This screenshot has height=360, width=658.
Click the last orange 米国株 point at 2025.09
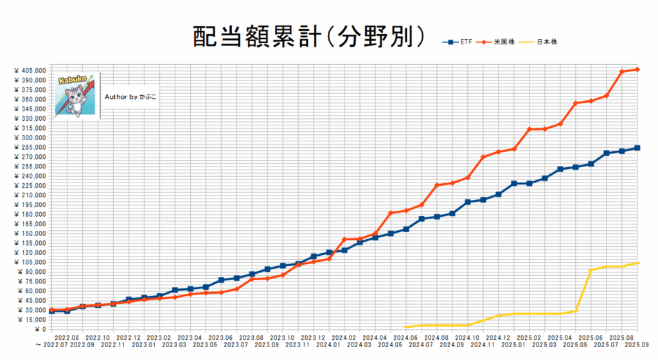pyautogui.click(x=637, y=69)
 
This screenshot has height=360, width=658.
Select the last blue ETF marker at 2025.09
pyautogui.click(x=637, y=148)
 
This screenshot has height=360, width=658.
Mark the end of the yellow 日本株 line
pyautogui.click(x=638, y=262)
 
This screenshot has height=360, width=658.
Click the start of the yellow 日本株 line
pyautogui.click(x=405, y=327)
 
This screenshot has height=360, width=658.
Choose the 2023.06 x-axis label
pyautogui.click(x=221, y=337)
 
